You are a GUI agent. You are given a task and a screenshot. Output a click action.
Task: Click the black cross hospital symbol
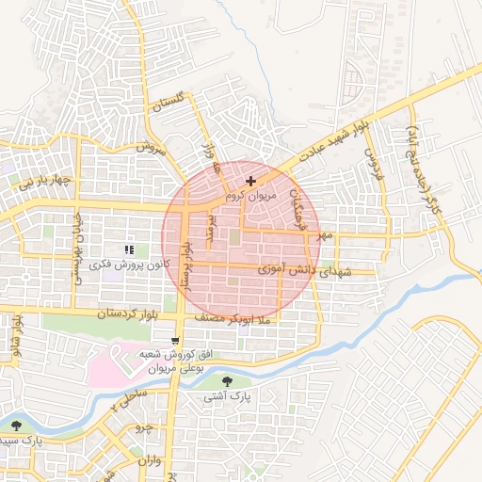click(x=249, y=180)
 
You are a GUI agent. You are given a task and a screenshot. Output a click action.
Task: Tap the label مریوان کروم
click(x=249, y=198)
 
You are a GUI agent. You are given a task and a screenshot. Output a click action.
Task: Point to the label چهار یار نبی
click(x=35, y=179)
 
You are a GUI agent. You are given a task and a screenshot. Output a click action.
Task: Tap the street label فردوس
click(x=377, y=159)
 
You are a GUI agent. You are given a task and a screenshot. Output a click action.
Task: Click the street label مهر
click(x=326, y=234)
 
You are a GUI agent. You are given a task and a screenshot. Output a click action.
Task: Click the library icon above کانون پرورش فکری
click(x=130, y=249)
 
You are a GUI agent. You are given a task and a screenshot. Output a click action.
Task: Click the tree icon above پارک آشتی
click(x=229, y=381)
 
